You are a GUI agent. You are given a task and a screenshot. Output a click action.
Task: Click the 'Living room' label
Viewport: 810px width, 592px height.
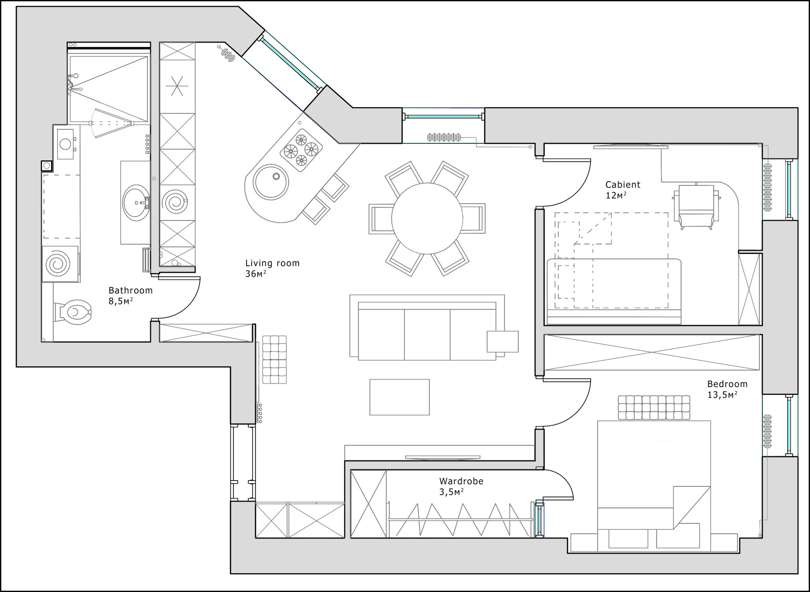pyautogui.click(x=272, y=263)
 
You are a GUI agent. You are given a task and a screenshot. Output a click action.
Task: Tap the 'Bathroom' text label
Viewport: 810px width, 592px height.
pyautogui.click(x=131, y=290)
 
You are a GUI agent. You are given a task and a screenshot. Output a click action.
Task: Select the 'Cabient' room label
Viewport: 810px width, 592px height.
pyautogui.click(x=623, y=185)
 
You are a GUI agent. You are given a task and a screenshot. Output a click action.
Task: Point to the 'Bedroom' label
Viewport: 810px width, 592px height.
pyautogui.click(x=727, y=384)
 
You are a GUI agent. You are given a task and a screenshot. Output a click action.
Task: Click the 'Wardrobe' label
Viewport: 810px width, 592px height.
pyautogui.click(x=461, y=481)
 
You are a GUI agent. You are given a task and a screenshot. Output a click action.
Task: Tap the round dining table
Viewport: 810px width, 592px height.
pyautogui.click(x=427, y=219)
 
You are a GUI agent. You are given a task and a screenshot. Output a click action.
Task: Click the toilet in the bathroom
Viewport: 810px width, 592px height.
pyautogui.click(x=73, y=312)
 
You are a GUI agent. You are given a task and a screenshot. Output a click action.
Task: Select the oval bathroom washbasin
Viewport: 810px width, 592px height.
pyautogui.click(x=136, y=203)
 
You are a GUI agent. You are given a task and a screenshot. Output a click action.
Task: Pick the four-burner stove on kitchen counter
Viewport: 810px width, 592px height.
pyautogui.click(x=301, y=150)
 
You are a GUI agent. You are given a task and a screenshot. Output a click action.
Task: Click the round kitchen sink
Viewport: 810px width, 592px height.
pyautogui.click(x=271, y=182)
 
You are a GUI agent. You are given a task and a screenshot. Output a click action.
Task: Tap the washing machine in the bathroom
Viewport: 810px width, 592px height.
pyautogui.click(x=60, y=264)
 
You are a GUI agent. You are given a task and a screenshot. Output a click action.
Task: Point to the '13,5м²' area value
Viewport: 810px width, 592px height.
pyautogui.click(x=722, y=395)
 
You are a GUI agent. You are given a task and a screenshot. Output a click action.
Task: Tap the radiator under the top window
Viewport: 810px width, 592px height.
pyautogui.click(x=444, y=137)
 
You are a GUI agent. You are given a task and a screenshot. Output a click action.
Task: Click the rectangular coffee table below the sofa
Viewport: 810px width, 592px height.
pyautogui.click(x=399, y=397)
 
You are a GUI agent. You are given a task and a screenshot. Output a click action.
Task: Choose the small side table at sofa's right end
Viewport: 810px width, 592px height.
pyautogui.click(x=502, y=342)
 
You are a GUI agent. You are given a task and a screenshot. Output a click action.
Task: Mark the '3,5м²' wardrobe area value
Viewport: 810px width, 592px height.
pyautogui.click(x=451, y=492)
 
